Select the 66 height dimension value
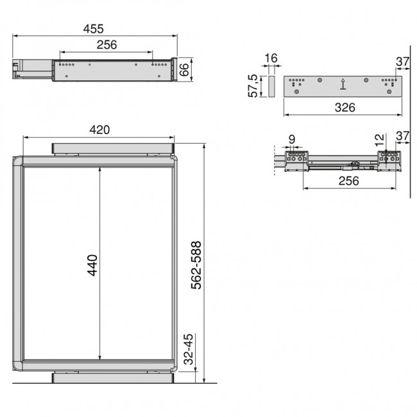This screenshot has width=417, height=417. point(185,69)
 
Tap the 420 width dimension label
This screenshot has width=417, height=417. point(99,130)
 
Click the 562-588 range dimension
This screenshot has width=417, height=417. point(196,266)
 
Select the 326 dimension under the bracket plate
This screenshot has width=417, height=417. point(344,107)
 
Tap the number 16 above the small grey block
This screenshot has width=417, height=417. point(271,58)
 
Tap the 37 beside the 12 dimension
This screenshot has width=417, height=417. point(402,136)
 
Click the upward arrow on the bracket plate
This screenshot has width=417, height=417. point(343,83)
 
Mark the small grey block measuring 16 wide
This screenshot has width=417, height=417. point(271,85)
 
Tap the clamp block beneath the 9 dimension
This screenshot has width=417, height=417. point(296,158)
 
